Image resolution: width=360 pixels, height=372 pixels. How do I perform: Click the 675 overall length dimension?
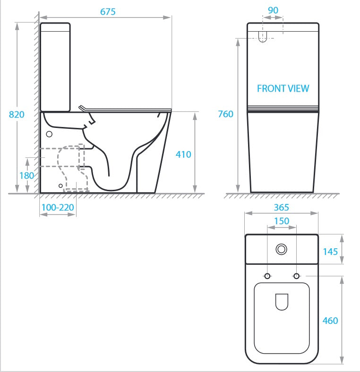(108, 12)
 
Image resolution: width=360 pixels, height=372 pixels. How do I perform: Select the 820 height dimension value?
(17, 114)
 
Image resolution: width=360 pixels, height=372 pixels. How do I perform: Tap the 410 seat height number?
(183, 154)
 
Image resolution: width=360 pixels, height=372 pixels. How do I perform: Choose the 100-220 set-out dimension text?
(57, 207)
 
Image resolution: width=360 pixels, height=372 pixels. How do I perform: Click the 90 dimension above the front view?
(273, 10)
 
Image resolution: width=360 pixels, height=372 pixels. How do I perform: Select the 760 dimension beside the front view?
(225, 114)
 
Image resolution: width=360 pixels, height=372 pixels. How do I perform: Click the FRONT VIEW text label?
(283, 88)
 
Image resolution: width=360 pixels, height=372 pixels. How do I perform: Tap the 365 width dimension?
(281, 208)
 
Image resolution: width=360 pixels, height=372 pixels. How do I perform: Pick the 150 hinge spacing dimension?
(282, 221)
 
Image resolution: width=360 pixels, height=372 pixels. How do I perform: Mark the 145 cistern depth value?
(330, 251)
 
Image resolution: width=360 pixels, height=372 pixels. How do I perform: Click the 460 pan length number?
(330, 321)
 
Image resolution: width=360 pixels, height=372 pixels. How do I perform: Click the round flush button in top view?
(282, 248)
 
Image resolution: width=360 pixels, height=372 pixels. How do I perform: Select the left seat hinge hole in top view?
(267, 276)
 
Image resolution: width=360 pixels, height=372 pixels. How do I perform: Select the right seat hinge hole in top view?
(297, 276)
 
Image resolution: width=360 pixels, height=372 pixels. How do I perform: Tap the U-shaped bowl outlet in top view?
(281, 301)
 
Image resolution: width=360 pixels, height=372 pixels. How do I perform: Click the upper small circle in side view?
(49, 134)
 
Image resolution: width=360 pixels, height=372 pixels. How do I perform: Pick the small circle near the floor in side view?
(60, 186)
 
